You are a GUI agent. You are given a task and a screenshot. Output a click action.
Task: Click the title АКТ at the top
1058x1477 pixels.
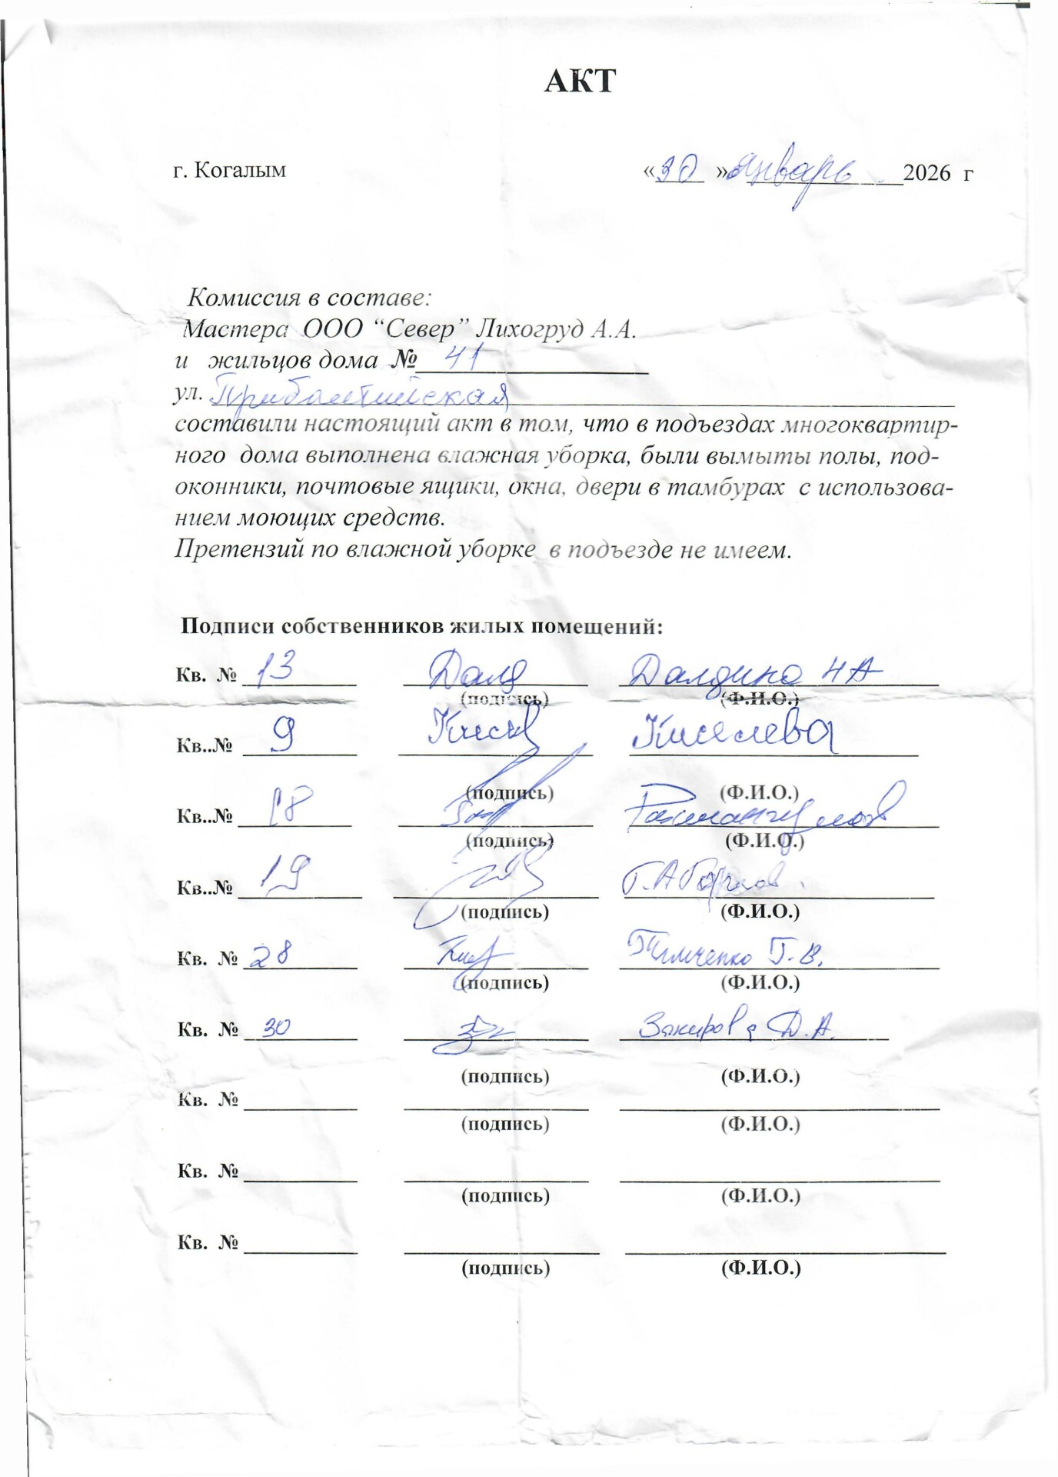pyautogui.click(x=580, y=81)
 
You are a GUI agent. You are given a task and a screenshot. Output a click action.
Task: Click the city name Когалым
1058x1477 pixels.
pyautogui.click(x=239, y=170)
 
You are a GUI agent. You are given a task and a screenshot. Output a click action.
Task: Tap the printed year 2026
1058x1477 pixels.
pyautogui.click(x=927, y=173)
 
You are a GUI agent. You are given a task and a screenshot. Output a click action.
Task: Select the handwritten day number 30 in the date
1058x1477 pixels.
pyautogui.click(x=677, y=171)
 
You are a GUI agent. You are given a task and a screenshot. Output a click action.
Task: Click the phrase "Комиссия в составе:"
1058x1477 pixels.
pyautogui.click(x=309, y=297)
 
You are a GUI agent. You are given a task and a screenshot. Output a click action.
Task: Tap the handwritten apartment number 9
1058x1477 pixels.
pyautogui.click(x=283, y=738)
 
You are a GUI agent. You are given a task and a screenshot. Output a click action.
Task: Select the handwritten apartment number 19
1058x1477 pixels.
pyautogui.click(x=286, y=875)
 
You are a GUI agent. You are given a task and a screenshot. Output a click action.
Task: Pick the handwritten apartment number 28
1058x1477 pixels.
pyautogui.click(x=271, y=956)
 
